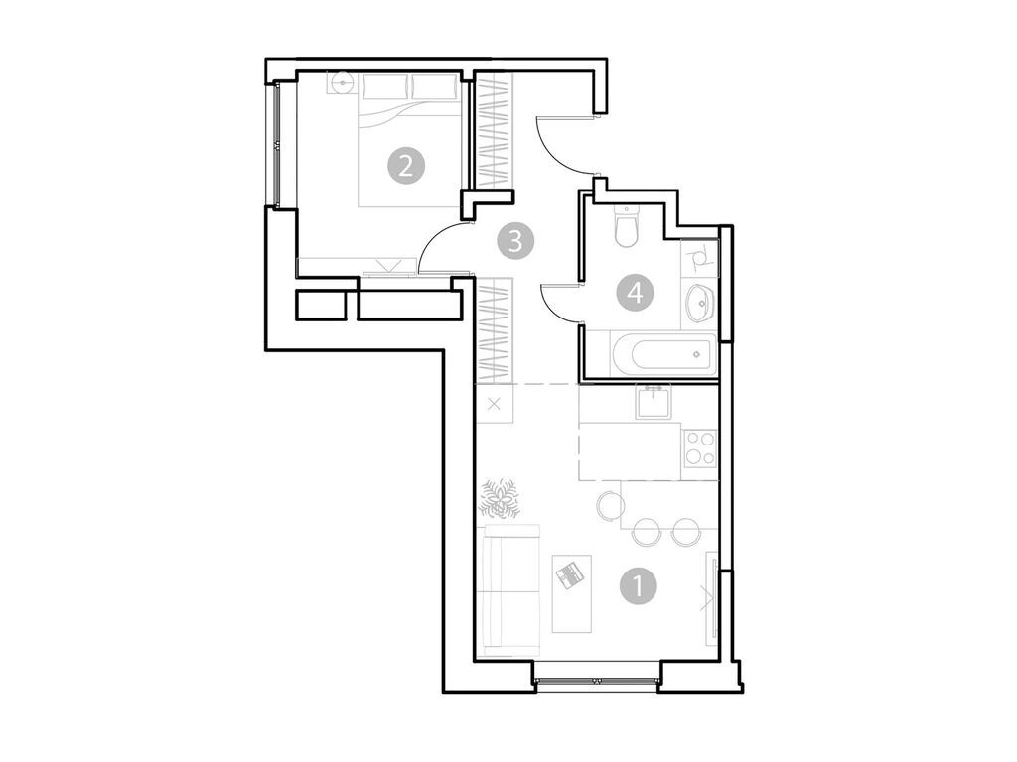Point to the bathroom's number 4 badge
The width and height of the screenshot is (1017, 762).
tap(635, 293)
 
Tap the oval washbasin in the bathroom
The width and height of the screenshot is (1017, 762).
tap(700, 300)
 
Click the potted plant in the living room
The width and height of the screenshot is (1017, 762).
tap(497, 498)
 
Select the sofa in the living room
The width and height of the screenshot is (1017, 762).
tap(508, 590)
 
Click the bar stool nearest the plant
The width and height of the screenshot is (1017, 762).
tap(610, 507)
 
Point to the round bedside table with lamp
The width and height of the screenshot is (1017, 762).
tap(343, 83)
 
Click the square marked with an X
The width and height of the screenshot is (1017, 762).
tap(495, 405)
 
